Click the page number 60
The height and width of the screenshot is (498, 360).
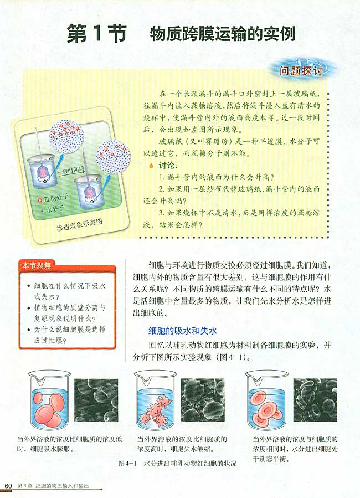(x=8, y=486)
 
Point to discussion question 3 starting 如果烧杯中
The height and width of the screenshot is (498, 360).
(x=233, y=218)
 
